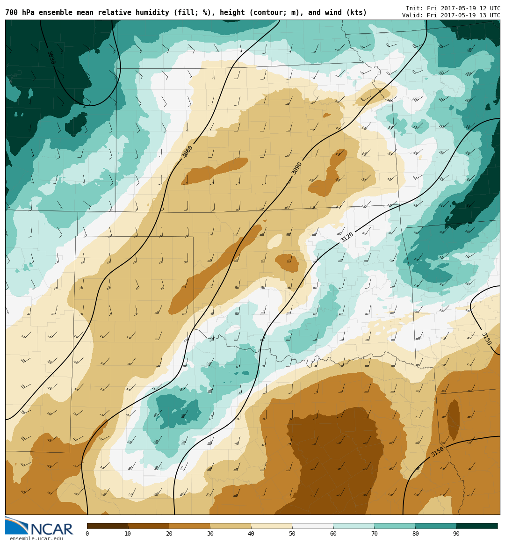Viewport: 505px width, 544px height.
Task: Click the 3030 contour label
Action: tap(51, 58)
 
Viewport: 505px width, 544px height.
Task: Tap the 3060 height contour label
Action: tap(187, 151)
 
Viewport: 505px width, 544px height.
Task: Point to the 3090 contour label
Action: tap(297, 168)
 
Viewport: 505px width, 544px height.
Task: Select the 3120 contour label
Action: tap(347, 237)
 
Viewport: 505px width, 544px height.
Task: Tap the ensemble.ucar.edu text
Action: tap(36, 539)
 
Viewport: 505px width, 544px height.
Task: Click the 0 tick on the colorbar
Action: tap(87, 534)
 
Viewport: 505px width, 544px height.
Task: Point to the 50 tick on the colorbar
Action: tap(292, 534)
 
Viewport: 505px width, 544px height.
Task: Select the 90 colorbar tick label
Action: tap(456, 534)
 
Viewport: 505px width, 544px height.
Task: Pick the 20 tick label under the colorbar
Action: tap(169, 534)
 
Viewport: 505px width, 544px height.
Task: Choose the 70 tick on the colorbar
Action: tap(374, 534)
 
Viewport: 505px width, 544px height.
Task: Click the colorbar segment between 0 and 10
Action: tap(107, 526)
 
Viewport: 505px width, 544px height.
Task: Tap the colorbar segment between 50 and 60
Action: tap(312, 526)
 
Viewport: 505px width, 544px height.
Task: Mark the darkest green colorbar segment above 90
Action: tap(477, 526)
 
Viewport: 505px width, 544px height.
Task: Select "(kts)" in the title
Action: tap(357, 13)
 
